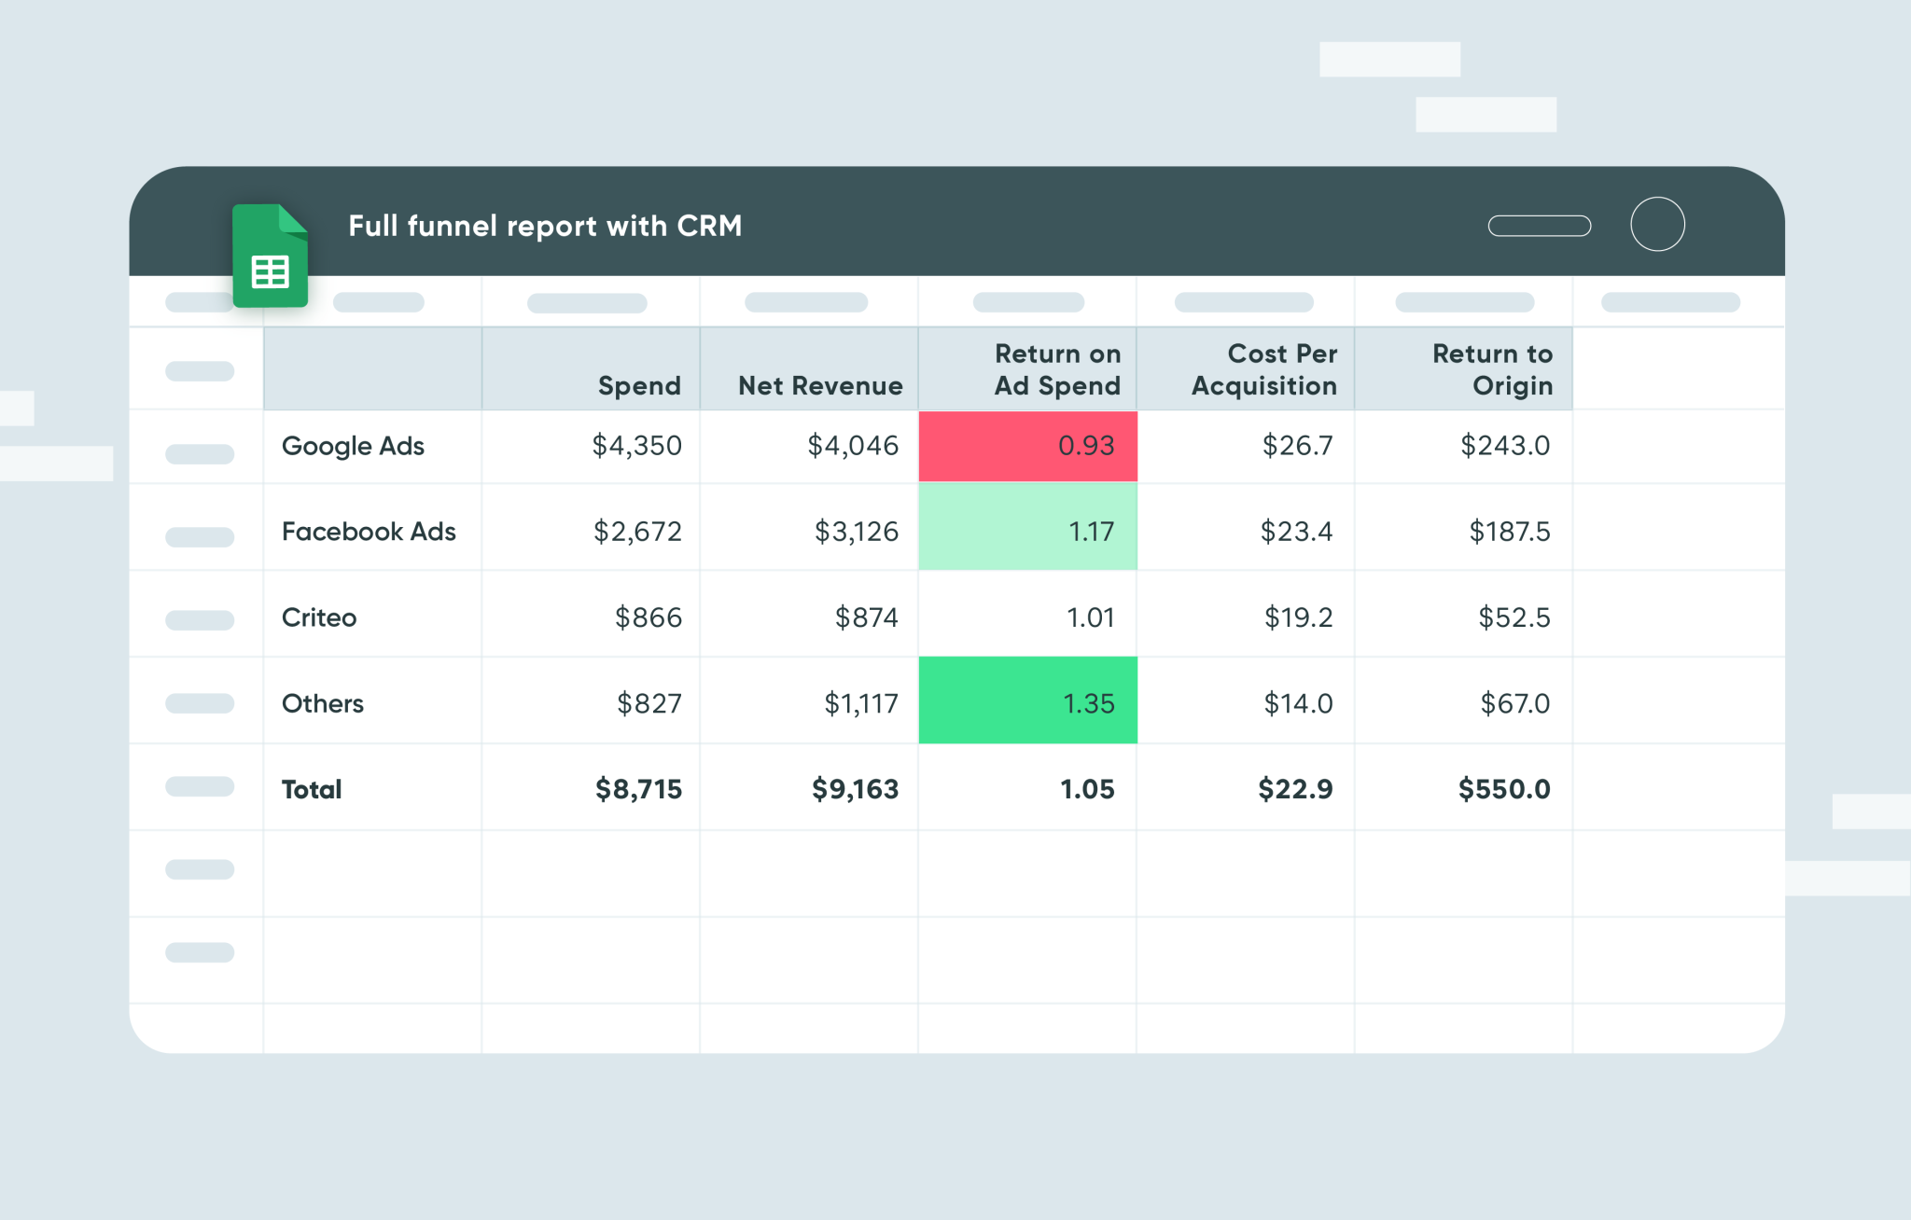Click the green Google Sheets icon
270,256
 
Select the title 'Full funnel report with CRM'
545,227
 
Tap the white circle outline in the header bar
1657,225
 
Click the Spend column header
639,386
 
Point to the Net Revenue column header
820,386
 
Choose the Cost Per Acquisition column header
1263,370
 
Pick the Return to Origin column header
1492,370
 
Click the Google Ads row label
353,447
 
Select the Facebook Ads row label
369,532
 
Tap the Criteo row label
319,617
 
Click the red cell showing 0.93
1027,446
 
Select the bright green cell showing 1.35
1027,701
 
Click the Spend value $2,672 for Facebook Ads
637,532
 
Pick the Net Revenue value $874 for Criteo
866,617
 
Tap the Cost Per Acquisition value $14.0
1298,703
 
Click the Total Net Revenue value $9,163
855,790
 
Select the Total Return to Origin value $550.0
1504,790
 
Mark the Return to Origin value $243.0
1504,446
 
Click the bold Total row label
312,790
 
